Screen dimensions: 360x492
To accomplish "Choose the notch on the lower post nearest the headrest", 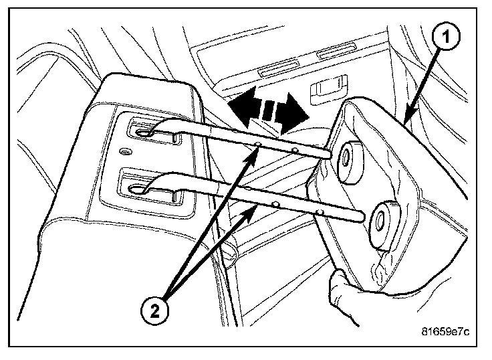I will point(322,212).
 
